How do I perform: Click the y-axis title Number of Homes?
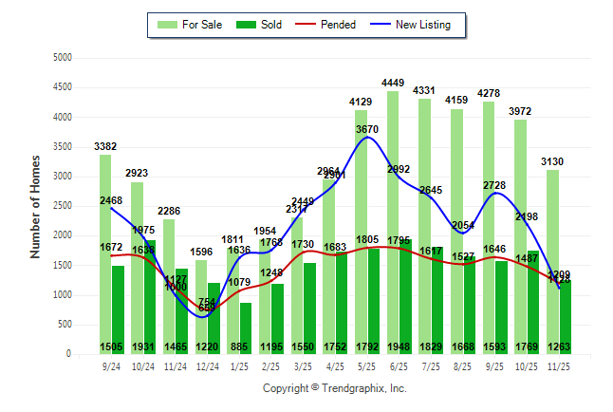pos(35,206)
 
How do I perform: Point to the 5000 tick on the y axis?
pos(62,58)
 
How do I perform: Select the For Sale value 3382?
pos(106,146)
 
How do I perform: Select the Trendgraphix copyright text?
pos(334,388)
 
